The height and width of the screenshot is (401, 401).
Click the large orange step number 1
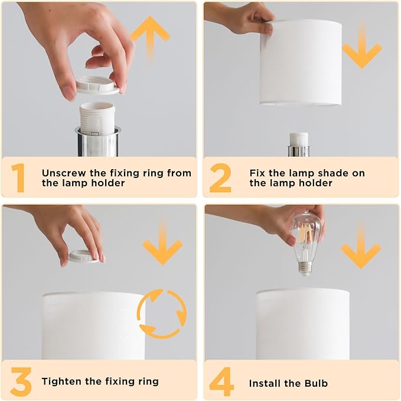[x=18, y=178]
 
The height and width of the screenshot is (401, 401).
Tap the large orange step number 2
[x=220, y=178]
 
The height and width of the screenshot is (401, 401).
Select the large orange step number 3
[x=21, y=381]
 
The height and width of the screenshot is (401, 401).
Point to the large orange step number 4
[x=221, y=381]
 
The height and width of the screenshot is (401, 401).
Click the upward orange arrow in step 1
[x=150, y=38]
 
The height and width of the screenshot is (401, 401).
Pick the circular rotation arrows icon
[x=162, y=313]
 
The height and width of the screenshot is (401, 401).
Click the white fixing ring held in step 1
[x=97, y=85]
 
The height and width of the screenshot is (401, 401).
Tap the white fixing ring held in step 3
[x=84, y=257]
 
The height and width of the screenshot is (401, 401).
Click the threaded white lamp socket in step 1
[x=97, y=118]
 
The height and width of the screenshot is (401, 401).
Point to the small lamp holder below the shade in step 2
[x=299, y=144]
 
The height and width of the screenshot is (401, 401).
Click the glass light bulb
[x=306, y=244]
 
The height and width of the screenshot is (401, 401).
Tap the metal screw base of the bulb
[x=305, y=268]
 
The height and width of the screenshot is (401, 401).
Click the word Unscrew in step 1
[x=64, y=173]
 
